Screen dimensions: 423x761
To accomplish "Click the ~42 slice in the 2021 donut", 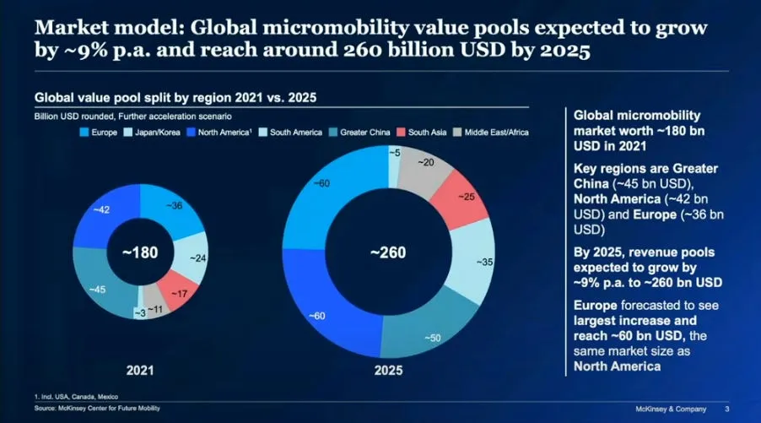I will pyautogui.click(x=100, y=209).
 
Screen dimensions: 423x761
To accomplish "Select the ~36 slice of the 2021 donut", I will pyautogui.click(x=175, y=205).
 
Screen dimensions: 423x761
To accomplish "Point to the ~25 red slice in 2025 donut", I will pyautogui.click(x=466, y=197).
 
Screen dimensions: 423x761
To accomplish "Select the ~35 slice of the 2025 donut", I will pyautogui.click(x=483, y=262).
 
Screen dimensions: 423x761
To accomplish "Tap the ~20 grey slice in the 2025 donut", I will pyautogui.click(x=427, y=162).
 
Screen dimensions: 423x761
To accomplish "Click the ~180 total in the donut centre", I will pyautogui.click(x=138, y=252).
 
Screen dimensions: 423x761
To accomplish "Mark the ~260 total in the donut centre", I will pyautogui.click(x=389, y=252).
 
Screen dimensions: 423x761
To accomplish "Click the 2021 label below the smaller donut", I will pyautogui.click(x=138, y=369).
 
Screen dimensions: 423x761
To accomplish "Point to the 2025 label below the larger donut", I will pyautogui.click(x=389, y=371).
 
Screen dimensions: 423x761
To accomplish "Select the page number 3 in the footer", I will pyautogui.click(x=726, y=409).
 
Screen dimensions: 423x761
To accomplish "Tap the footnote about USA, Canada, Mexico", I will pyautogui.click(x=77, y=396).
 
